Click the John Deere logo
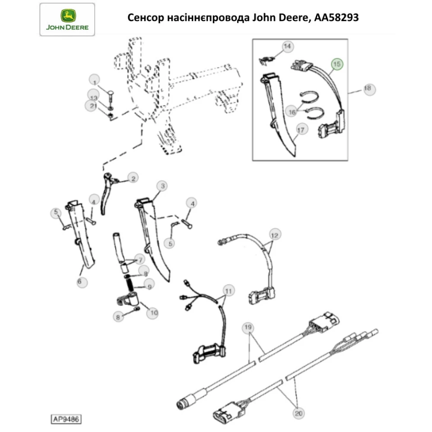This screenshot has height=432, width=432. (67, 19)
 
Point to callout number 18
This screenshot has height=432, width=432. (368, 89)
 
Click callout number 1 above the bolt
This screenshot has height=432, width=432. (95, 79)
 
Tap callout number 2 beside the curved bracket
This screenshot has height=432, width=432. (133, 178)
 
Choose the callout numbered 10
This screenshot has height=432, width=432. (152, 312)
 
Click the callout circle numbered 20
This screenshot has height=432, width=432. (298, 413)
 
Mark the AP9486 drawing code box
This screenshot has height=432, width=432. (67, 419)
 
